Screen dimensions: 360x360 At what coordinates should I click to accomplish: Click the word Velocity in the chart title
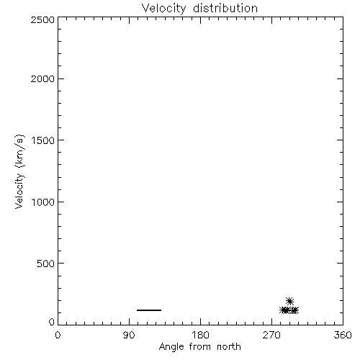pos(163,9)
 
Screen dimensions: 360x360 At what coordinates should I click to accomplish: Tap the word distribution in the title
pos(225,8)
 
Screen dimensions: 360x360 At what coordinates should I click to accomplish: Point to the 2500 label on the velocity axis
pos(42,19)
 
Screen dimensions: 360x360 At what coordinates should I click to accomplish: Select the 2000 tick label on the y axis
pos(42,78)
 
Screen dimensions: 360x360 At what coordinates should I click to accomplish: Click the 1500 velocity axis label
pos(43,140)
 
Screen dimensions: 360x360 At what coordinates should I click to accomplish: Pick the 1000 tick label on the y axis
pos(43,202)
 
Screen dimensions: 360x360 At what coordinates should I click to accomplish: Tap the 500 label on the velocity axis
pos(46,264)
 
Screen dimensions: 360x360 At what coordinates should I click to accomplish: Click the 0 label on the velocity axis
pos(52,322)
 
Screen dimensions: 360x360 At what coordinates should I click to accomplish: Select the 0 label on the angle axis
pos(58,335)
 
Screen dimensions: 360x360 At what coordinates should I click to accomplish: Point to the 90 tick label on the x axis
pos(129,335)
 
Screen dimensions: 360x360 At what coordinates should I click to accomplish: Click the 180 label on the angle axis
pos(200,335)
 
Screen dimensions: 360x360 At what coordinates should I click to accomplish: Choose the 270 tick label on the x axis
pos(271,335)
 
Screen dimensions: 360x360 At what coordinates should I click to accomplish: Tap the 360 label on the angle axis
pos(343,335)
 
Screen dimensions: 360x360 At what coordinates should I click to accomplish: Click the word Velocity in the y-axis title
pos(19,191)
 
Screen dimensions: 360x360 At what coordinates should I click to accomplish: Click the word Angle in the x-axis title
pos(171,347)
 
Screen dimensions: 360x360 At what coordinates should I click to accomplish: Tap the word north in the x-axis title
pos(229,347)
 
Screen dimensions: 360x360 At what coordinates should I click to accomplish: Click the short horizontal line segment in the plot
pos(149,310)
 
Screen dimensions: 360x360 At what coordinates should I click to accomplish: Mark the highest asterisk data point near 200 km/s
pos(289,301)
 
